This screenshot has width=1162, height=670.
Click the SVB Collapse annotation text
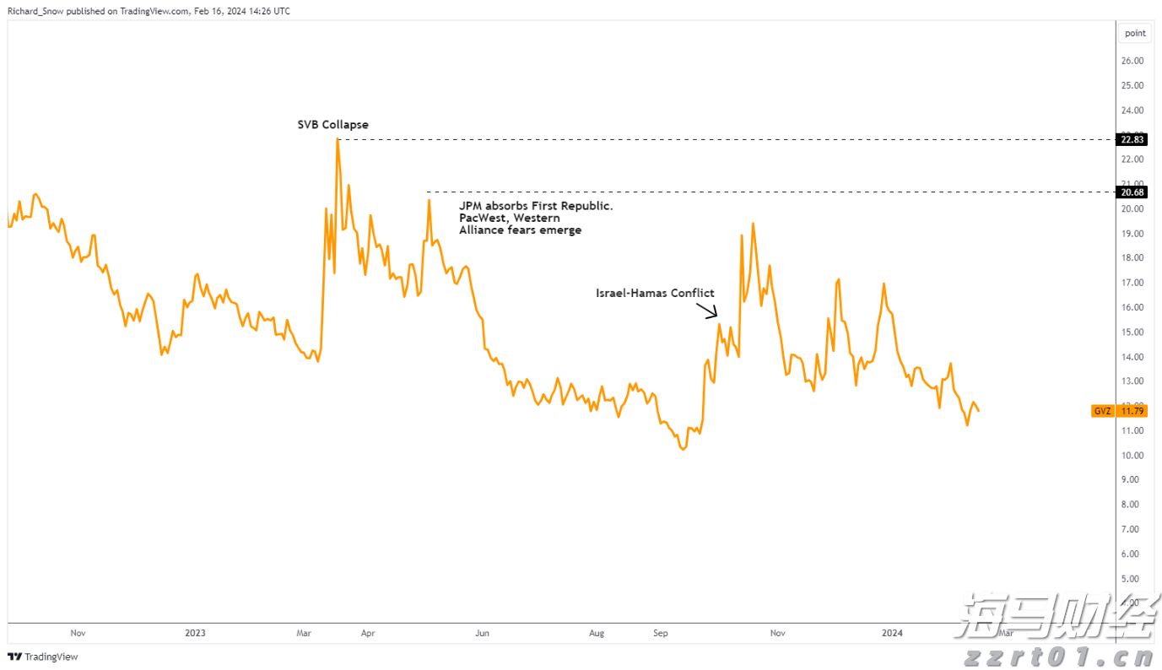tap(332, 125)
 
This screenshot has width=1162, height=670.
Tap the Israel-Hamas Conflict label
tap(655, 293)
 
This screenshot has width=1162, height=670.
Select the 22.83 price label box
tap(1131, 140)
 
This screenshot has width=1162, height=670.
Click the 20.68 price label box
tap(1131, 192)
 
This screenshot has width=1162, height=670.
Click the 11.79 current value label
tap(1132, 412)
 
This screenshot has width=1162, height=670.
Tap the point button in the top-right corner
tap(1135, 33)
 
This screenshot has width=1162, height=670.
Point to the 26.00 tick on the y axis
tap(1132, 61)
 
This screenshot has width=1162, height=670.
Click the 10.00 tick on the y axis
tap(1132, 455)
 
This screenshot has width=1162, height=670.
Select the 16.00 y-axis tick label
tap(1132, 307)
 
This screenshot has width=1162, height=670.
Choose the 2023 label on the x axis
tap(195, 632)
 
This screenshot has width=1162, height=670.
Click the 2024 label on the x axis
tap(892, 632)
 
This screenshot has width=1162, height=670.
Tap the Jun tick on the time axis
tap(482, 632)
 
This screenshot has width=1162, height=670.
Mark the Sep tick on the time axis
tap(661, 632)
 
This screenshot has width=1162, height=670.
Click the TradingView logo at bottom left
tap(43, 656)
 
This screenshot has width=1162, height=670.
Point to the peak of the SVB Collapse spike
tap(338, 139)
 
